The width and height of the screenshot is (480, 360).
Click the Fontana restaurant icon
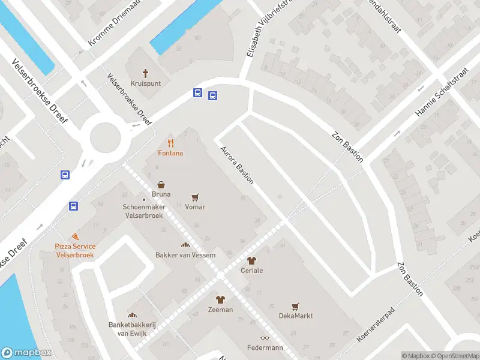pyautogui.click(x=171, y=143)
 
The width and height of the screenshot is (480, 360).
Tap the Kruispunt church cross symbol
pyautogui.click(x=145, y=73)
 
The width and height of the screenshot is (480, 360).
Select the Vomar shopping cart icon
pyautogui.click(x=195, y=197)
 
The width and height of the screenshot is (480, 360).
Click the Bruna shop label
pyautogui.click(x=161, y=194)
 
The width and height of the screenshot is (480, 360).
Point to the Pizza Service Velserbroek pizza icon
pyautogui.click(x=75, y=237)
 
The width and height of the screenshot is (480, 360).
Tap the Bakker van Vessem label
pyautogui.click(x=186, y=255)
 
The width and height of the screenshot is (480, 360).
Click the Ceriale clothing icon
pyautogui.click(x=251, y=260)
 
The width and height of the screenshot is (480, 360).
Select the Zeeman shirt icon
pyautogui.click(x=220, y=299)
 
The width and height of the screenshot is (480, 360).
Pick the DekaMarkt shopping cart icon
pyautogui.click(x=295, y=306)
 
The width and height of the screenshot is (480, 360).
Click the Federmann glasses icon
pyautogui.click(x=265, y=338)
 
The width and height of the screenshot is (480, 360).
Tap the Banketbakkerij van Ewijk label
pyautogui.click(x=132, y=329)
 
